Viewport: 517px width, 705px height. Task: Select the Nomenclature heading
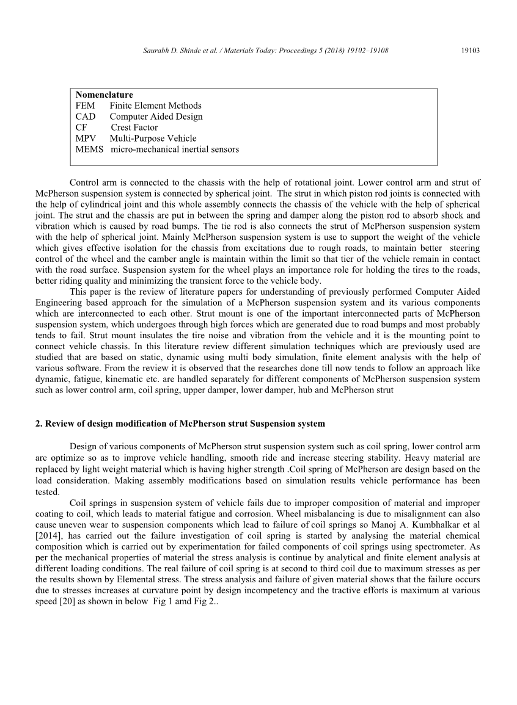tap(104, 95)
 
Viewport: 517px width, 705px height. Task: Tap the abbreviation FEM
tap(86, 106)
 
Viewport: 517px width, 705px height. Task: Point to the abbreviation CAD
tap(86, 117)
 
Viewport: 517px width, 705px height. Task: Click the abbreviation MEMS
tap(89, 149)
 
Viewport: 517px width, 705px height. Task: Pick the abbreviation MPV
tap(86, 139)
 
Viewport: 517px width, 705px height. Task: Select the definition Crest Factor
tap(134, 128)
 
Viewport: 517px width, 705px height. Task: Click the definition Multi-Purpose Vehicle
tap(153, 139)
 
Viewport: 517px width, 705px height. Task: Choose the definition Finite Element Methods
tap(155, 106)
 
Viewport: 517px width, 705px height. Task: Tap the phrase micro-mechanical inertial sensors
tap(175, 149)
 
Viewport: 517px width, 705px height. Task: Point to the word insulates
tap(129, 336)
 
